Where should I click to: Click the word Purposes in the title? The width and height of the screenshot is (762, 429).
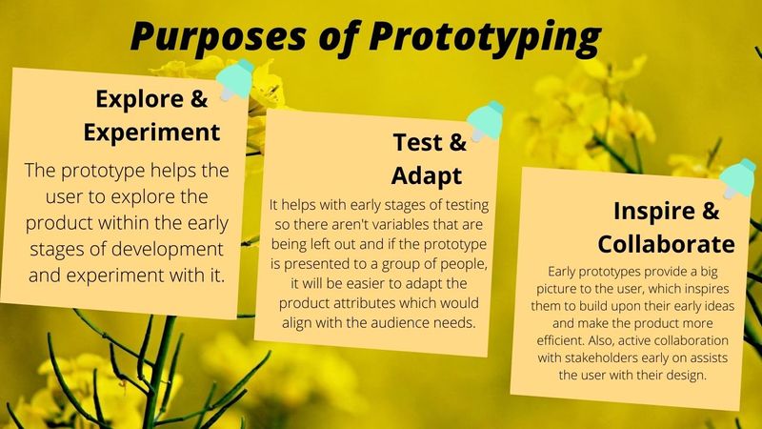[x=218, y=36]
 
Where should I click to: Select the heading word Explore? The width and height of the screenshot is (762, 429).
[x=139, y=99]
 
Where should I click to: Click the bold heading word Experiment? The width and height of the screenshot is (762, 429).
[x=151, y=133]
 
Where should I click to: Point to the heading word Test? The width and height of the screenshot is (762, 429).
[x=418, y=142]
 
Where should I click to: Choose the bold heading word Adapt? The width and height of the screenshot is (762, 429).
[x=427, y=175]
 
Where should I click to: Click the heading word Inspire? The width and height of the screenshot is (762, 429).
[x=654, y=211]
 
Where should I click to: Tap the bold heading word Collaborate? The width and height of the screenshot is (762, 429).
[x=666, y=244]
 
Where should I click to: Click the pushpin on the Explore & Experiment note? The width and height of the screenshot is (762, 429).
[x=234, y=80]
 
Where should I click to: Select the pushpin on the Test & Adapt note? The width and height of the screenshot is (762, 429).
[x=485, y=122]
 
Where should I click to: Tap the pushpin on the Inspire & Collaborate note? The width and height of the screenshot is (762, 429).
[x=737, y=178]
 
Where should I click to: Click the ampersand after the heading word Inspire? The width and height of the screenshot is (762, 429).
[x=711, y=211]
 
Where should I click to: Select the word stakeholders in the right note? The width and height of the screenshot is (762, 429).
[x=601, y=358]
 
